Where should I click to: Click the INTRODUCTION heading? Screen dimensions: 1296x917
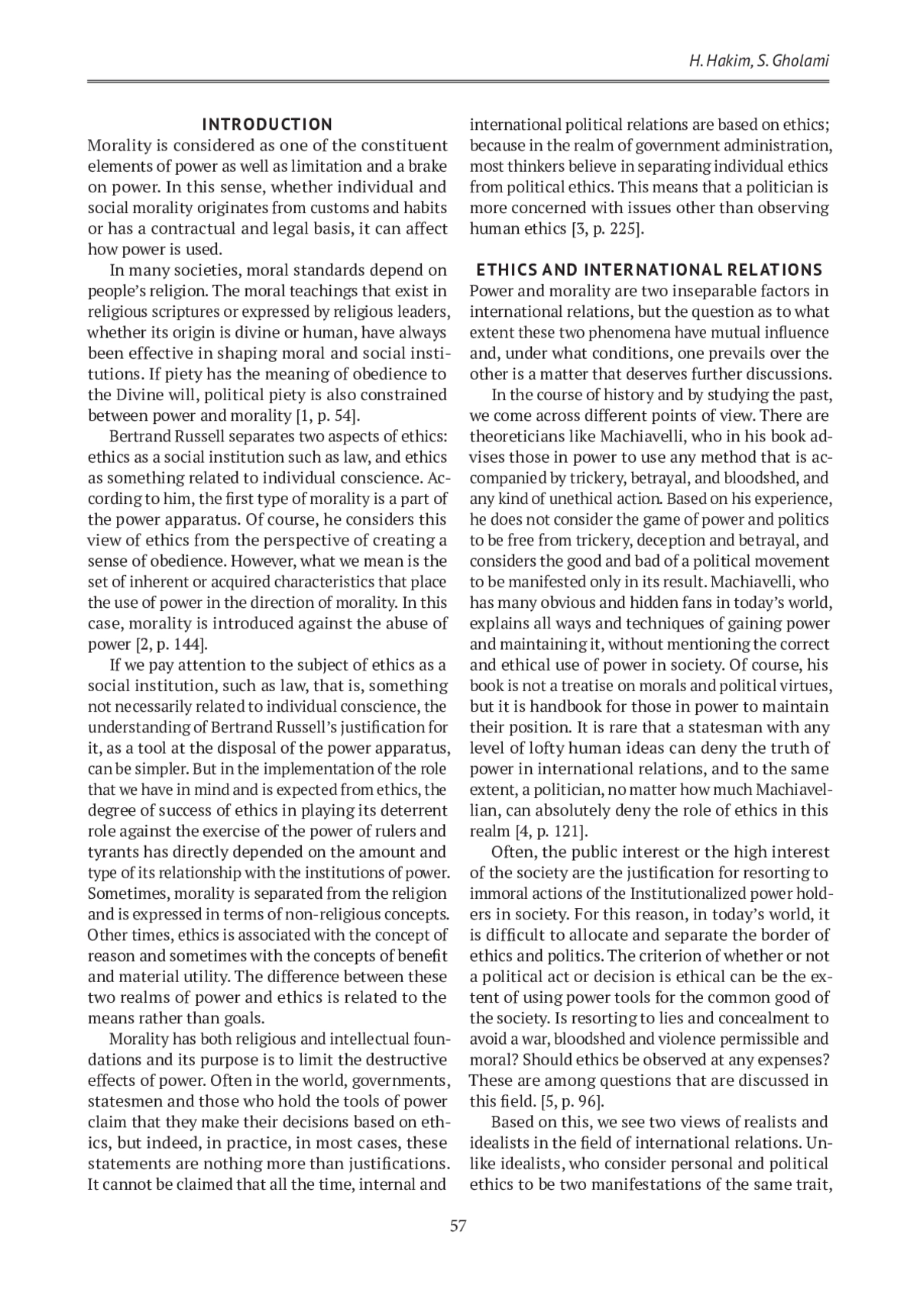(x=267, y=124)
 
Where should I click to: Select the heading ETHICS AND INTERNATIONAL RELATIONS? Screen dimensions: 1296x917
(x=649, y=270)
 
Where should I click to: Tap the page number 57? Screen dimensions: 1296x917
(x=458, y=1227)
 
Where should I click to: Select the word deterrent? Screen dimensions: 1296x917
(x=412, y=810)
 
